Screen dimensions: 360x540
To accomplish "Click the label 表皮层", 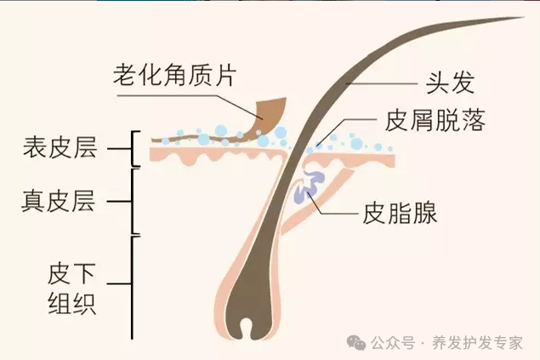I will point(60,149).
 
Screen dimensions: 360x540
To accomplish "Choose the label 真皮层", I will point(60,202).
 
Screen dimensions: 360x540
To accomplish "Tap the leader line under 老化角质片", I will point(187,96).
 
